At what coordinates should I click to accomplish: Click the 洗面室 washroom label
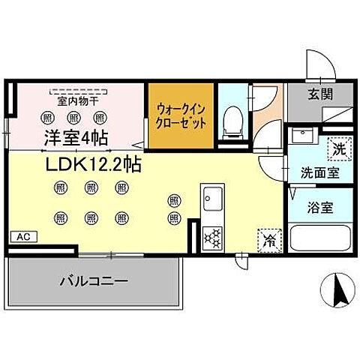319,172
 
